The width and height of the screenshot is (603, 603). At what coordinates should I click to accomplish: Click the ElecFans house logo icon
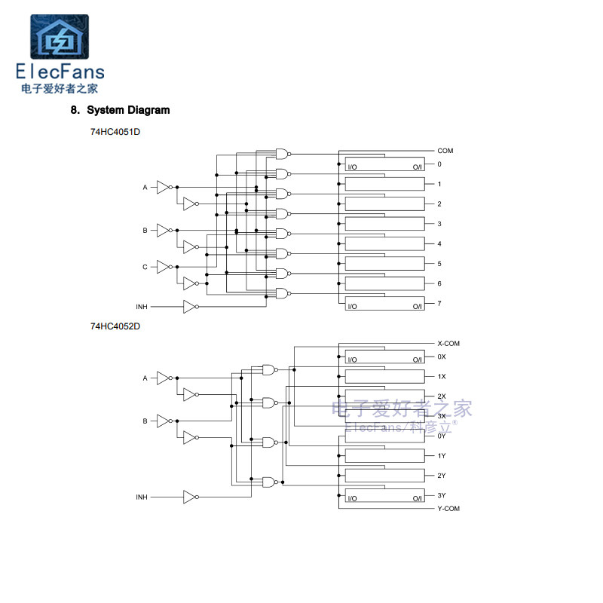(x=60, y=36)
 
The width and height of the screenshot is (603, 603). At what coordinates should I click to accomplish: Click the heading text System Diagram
(x=128, y=110)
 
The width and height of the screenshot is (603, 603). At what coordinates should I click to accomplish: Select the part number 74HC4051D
(x=115, y=132)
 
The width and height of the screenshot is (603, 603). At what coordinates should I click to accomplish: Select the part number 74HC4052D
(x=115, y=326)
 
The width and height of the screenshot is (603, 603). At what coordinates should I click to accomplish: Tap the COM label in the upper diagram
(x=445, y=151)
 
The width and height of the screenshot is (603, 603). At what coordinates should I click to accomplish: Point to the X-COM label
(x=448, y=344)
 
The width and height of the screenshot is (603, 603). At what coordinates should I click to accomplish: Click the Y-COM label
(x=448, y=508)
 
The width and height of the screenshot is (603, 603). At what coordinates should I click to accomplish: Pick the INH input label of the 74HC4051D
(x=142, y=307)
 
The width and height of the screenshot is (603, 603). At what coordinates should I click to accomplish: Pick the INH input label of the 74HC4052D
(x=142, y=497)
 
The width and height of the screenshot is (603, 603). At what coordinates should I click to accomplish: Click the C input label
(x=145, y=267)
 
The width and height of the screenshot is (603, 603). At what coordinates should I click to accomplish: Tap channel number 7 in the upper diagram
(x=439, y=304)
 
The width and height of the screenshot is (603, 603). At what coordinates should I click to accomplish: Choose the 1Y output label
(x=442, y=456)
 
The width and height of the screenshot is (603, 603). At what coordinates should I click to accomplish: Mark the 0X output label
(x=442, y=357)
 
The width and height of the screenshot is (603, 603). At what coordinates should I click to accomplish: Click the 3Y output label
(x=442, y=495)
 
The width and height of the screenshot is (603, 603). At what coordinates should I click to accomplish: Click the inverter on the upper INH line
(x=191, y=307)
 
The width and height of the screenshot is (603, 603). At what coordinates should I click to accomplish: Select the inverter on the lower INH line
(x=191, y=497)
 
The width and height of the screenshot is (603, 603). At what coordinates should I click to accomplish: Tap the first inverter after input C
(x=164, y=267)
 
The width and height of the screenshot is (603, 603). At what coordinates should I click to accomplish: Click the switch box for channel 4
(x=384, y=243)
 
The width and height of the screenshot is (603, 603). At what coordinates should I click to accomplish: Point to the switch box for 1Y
(x=384, y=456)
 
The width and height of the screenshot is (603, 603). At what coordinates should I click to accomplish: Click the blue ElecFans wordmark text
(x=60, y=72)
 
